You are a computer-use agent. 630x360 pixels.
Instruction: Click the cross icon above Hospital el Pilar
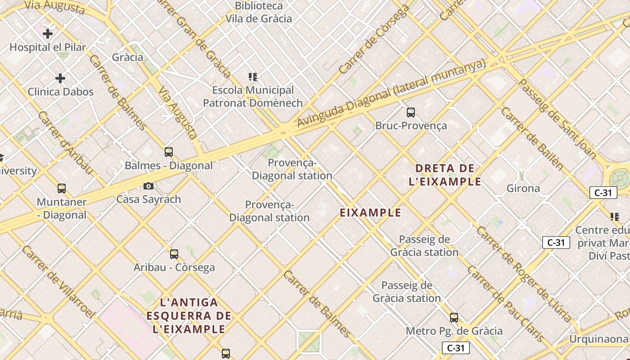pyautogui.click(x=48, y=33)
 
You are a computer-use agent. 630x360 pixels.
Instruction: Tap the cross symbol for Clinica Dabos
pyautogui.click(x=60, y=78)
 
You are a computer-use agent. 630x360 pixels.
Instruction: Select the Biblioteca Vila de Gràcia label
pyautogui.click(x=259, y=13)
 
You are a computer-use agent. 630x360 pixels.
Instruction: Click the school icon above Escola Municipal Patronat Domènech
pyautogui.click(x=253, y=77)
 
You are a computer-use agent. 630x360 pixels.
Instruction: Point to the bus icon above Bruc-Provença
pyautogui.click(x=410, y=112)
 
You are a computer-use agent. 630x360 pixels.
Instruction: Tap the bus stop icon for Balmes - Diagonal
pyautogui.click(x=169, y=152)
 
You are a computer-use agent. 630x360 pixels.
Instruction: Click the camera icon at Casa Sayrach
pyautogui.click(x=148, y=186)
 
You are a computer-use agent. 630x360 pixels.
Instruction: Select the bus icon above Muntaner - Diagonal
pyautogui.click(x=62, y=189)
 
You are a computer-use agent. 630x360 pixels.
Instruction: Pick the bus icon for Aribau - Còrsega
pyautogui.click(x=174, y=254)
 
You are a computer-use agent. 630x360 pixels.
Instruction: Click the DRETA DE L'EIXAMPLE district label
pyautogui.click(x=445, y=175)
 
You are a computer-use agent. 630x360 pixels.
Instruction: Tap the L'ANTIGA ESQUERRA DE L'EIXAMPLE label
pyautogui.click(x=189, y=315)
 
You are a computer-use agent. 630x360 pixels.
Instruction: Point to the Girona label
pyautogui.click(x=523, y=188)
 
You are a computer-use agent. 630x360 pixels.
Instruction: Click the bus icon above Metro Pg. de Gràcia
pyautogui.click(x=454, y=318)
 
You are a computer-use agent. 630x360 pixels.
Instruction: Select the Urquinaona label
pyautogui.click(x=598, y=338)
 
